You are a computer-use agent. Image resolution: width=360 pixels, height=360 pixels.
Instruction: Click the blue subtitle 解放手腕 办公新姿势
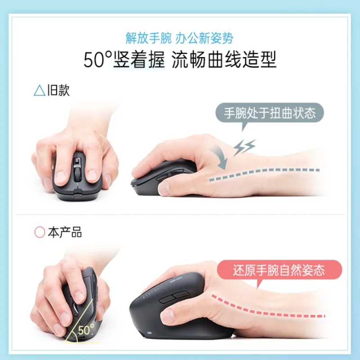point(180,38)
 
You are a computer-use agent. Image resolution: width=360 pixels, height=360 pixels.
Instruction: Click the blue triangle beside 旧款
point(39,91)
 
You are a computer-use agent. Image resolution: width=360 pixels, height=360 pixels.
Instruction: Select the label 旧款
point(58,91)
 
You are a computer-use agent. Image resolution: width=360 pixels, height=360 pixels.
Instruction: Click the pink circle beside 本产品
point(40,233)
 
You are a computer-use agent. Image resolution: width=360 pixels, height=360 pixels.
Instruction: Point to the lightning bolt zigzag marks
point(245,147)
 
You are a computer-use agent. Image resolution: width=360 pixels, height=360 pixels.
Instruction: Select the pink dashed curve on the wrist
point(270,306)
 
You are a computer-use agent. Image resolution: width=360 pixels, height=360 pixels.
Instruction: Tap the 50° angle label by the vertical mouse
point(85,329)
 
